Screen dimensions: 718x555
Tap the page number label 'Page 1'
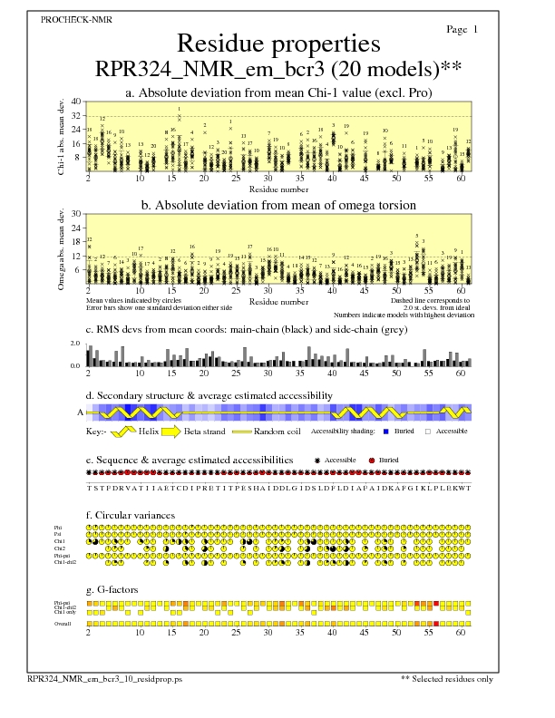(x=462, y=30)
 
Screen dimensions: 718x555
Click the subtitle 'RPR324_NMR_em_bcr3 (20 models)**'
(x=277, y=70)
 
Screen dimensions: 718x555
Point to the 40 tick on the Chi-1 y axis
(x=76, y=102)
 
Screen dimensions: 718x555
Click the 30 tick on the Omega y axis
(x=76, y=214)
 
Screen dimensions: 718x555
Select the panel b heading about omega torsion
(x=278, y=205)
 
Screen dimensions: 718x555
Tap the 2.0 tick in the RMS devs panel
(x=75, y=344)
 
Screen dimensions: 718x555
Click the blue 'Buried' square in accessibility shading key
(x=386, y=432)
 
